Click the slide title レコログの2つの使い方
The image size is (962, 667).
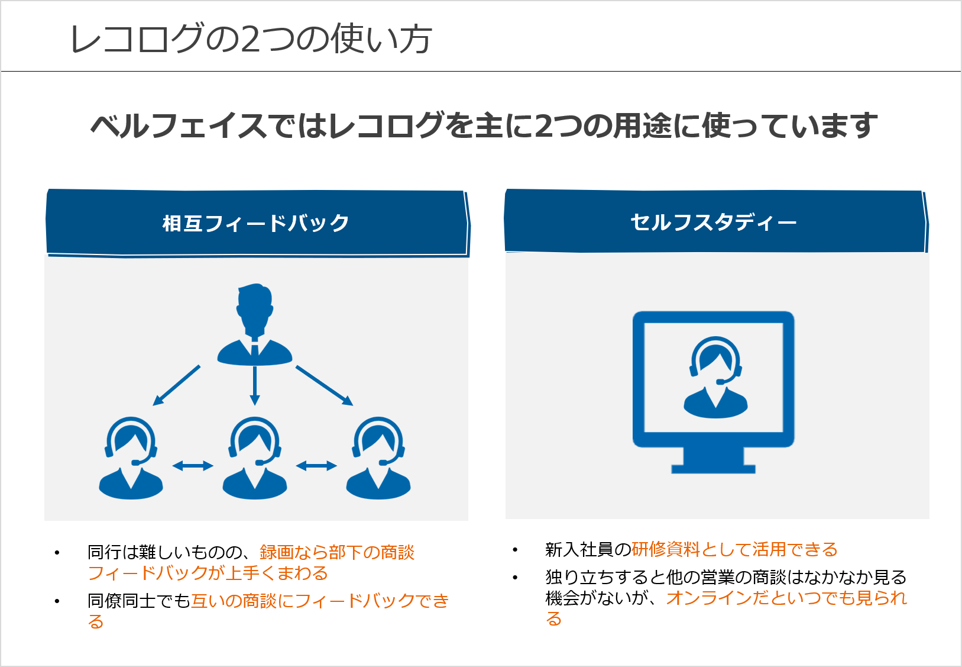(x=251, y=39)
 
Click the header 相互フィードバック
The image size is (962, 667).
(x=256, y=223)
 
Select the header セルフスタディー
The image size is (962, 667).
(x=714, y=223)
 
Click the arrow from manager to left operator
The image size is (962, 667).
(x=176, y=385)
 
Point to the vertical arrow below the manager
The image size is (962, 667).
(x=255, y=385)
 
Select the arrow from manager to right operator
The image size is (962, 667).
(x=324, y=385)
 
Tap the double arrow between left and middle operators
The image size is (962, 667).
(x=193, y=466)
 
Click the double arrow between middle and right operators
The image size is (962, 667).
(x=316, y=466)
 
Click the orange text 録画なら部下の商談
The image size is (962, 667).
(x=337, y=552)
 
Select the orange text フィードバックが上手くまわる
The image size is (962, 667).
(x=208, y=573)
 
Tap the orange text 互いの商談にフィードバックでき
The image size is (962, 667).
(x=320, y=601)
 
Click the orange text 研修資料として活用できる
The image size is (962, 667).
(x=734, y=549)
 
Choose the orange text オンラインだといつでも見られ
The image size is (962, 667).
(x=786, y=598)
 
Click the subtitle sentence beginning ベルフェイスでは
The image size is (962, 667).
(x=484, y=125)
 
